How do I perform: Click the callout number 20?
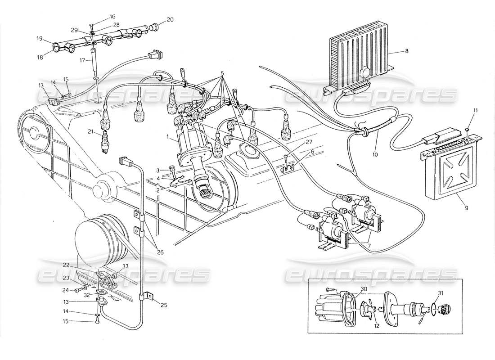157,19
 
